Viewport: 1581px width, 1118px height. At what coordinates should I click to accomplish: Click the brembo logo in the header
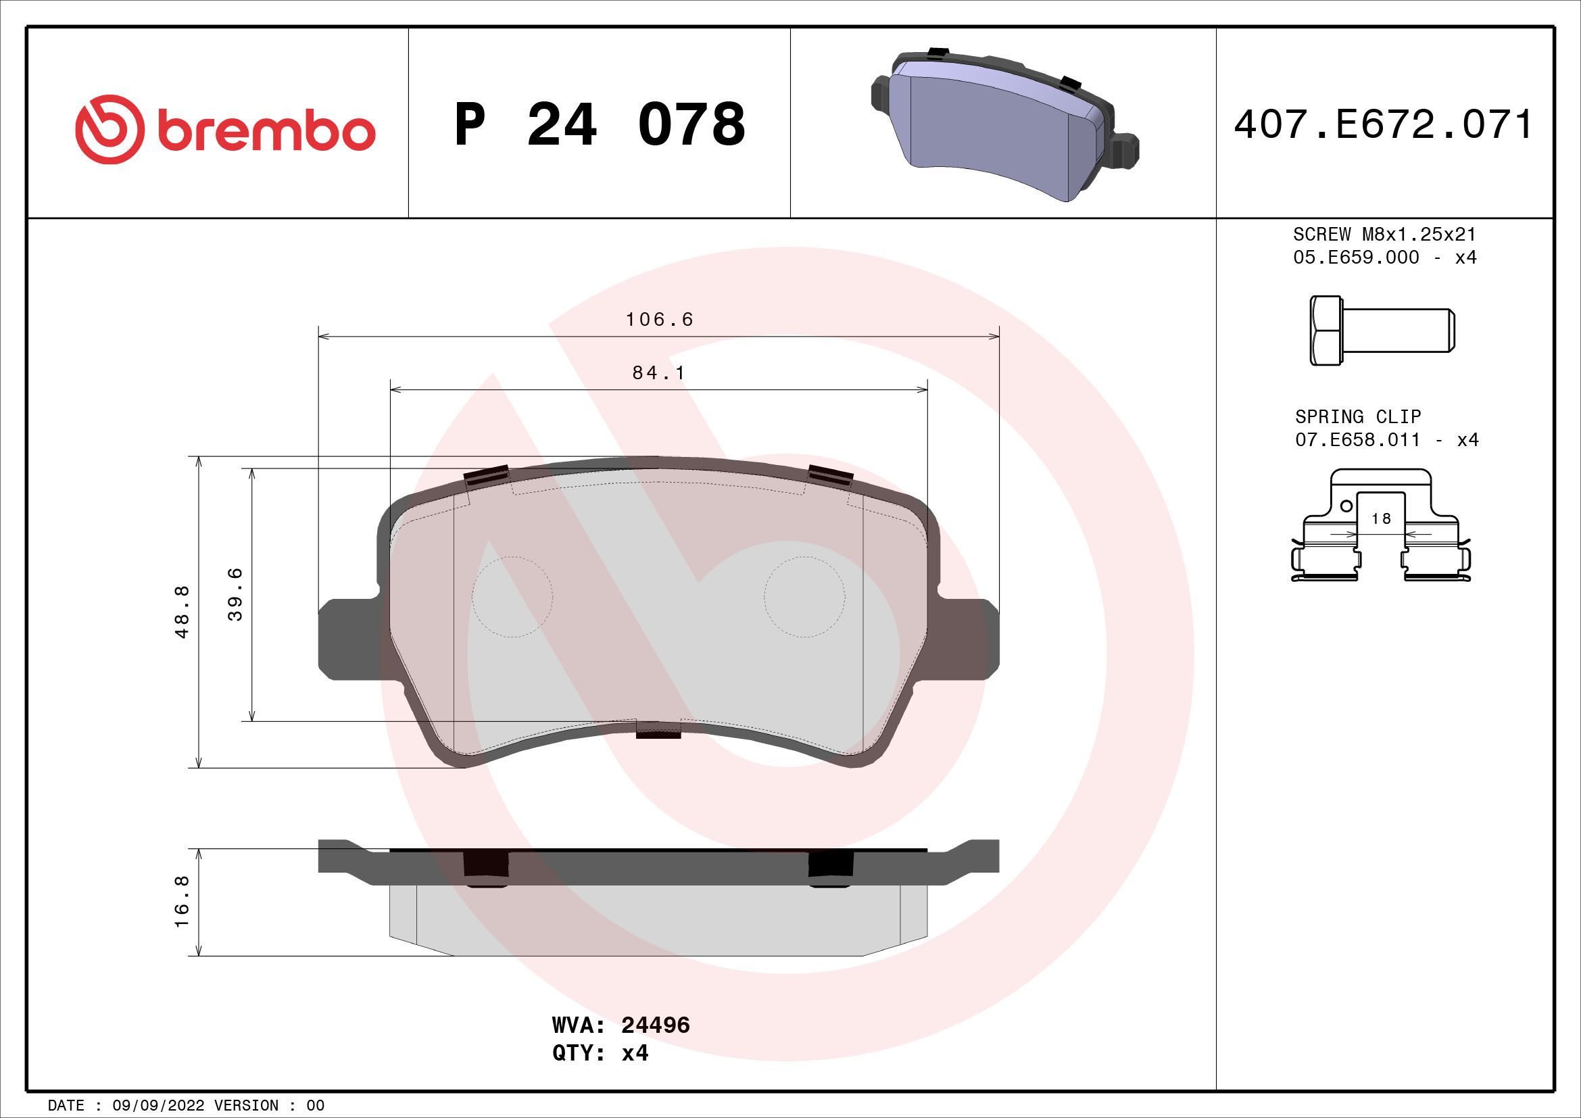pos(225,129)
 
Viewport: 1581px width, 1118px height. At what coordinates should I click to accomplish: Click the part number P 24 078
pos(599,124)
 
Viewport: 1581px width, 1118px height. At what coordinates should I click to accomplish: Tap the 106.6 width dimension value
pos(659,320)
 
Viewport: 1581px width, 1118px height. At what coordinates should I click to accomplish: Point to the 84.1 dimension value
pos(659,372)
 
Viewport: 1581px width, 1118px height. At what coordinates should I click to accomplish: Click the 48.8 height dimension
pos(183,612)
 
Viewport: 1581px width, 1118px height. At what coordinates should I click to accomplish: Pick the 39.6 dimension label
pos(235,594)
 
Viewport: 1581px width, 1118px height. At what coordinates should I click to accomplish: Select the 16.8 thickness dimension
pos(183,902)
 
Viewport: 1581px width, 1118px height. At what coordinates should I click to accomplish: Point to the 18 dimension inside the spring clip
pos(1381,518)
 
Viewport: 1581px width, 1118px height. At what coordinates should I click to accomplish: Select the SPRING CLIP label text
pos(1357,416)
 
